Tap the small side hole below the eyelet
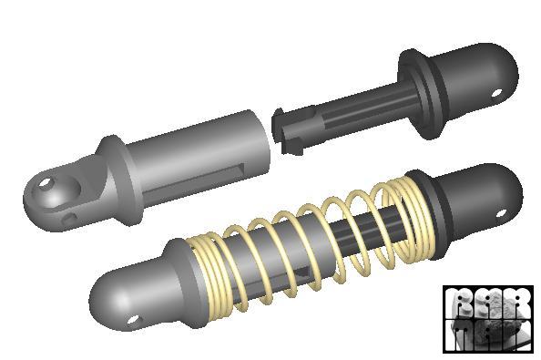pyautogui.click(x=69, y=219)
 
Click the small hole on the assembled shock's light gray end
pyautogui.click(x=135, y=319)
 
